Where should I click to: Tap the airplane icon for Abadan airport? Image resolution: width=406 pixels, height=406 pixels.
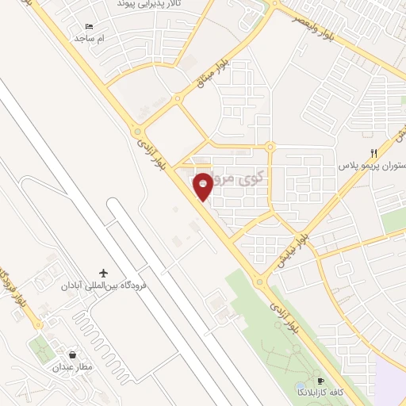point(102,272)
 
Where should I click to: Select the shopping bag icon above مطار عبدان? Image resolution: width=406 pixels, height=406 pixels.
point(74,354)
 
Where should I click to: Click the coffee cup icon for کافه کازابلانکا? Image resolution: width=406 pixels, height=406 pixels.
point(321,381)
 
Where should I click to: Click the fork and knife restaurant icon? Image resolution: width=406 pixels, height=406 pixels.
point(373,153)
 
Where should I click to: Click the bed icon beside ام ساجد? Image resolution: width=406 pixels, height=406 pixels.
point(89,27)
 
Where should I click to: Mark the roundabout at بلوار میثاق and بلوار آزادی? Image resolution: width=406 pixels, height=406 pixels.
point(138,132)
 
